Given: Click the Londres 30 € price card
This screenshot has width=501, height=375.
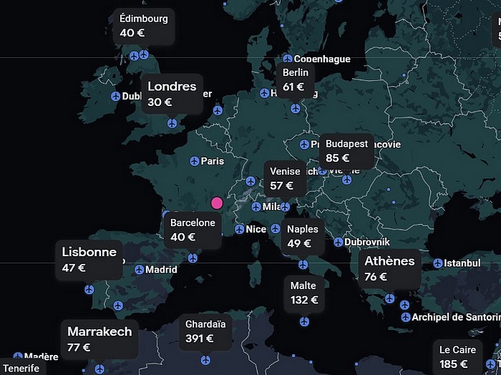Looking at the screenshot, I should [x=171, y=94].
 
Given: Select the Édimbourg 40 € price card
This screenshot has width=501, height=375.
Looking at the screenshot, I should [x=143, y=26].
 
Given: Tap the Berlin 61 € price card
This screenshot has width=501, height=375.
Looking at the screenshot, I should [x=295, y=79].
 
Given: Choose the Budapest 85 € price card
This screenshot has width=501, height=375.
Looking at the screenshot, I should [x=346, y=150].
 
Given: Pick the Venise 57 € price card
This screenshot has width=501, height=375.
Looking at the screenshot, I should [x=285, y=178].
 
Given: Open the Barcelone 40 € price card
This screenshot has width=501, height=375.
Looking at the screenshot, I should [x=192, y=230].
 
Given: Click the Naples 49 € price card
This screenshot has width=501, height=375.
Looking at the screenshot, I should [x=303, y=236].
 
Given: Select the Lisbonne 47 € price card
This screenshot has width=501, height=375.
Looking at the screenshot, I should [x=89, y=259].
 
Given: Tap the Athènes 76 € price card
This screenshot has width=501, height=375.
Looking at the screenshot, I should [x=389, y=268].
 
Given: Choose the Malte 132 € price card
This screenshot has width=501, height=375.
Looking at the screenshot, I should [x=303, y=293].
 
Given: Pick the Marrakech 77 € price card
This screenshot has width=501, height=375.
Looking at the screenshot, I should [x=99, y=339].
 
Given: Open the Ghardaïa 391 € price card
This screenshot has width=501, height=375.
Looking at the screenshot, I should [x=205, y=331].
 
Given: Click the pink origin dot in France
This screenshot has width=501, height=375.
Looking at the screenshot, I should [x=217, y=203].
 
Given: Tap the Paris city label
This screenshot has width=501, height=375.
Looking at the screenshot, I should [x=212, y=161].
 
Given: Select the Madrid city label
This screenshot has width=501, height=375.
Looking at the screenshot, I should [x=160, y=270].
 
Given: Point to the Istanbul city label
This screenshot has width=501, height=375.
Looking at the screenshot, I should [x=462, y=263].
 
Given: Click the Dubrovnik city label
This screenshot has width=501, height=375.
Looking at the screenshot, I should [x=366, y=242].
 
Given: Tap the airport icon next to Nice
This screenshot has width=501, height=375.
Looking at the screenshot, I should [x=239, y=229].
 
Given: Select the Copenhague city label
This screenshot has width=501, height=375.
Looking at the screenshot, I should [x=321, y=59].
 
